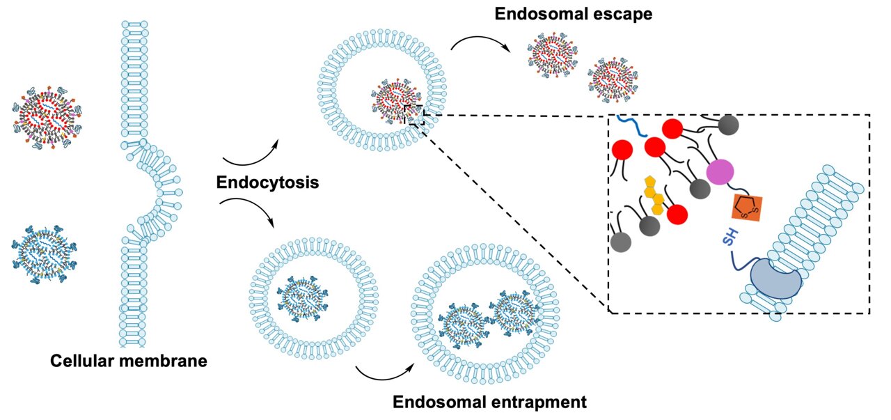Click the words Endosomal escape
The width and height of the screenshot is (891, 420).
click(x=573, y=13)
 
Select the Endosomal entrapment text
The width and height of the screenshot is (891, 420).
click(x=489, y=402)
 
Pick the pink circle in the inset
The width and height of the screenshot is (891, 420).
click(x=720, y=172)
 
